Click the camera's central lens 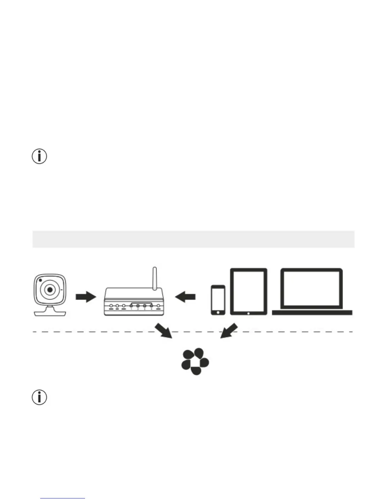click(x=50, y=289)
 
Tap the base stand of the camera click(x=50, y=313)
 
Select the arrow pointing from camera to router click(x=86, y=297)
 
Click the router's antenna click(x=155, y=278)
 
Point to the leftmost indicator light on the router click(x=111, y=306)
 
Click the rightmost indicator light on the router click(x=158, y=306)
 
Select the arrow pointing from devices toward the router click(x=185, y=297)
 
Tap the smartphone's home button click(x=218, y=312)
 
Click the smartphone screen click(x=218, y=299)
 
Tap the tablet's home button click(x=249, y=313)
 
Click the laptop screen click(x=311, y=288)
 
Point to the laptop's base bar click(x=312, y=313)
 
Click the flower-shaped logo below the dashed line click(x=195, y=362)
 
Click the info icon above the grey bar click(x=40, y=157)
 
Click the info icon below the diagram click(x=40, y=397)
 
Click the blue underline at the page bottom click(x=63, y=498)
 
